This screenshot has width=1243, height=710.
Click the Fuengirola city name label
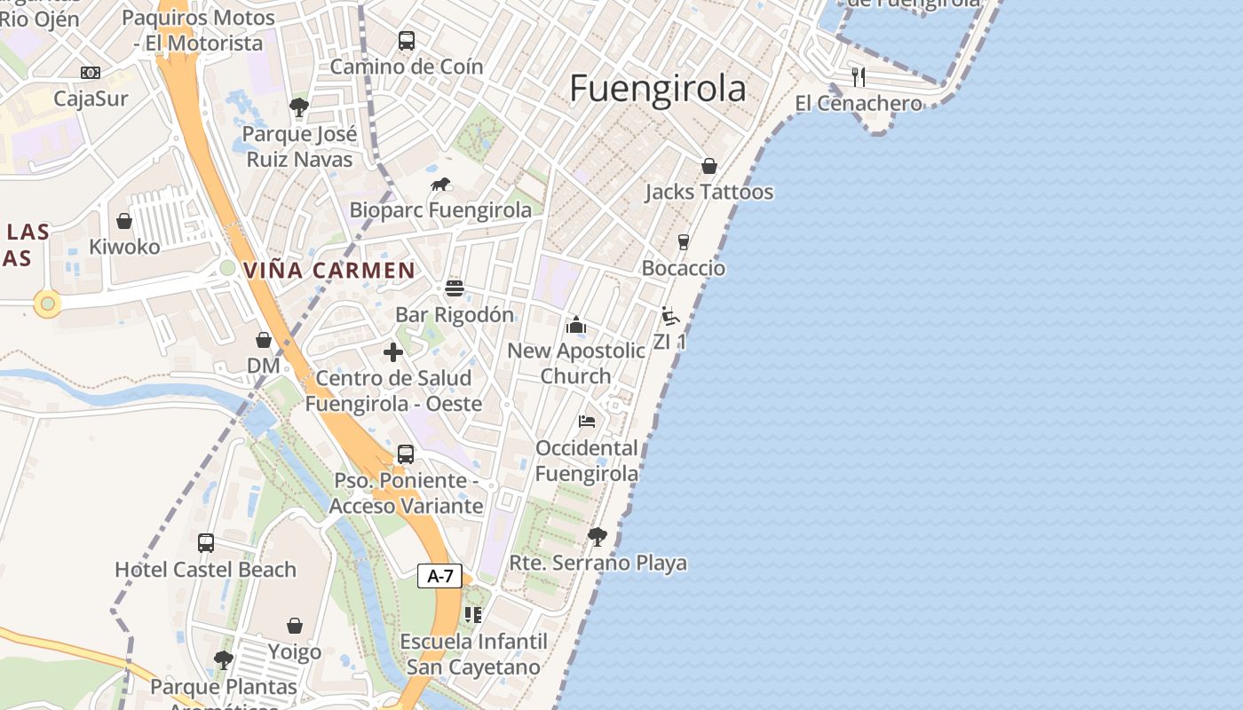657,89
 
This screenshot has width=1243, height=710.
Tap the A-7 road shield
439,576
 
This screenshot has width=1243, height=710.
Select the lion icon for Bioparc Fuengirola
440,185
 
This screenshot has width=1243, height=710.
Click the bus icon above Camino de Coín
406,41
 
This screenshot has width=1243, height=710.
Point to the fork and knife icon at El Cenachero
858,76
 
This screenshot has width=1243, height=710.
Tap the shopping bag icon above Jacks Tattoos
709,166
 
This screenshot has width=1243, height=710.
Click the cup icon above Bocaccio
683,242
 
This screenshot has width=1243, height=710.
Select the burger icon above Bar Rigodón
455,288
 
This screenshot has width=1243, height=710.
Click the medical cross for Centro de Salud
393,352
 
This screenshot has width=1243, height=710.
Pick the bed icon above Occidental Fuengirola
586,421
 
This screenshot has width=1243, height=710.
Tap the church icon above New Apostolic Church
575,325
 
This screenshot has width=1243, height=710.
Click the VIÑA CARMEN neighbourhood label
329,271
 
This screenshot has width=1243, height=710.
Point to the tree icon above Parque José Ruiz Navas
298,107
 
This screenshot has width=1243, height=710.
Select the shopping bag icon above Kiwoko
124,220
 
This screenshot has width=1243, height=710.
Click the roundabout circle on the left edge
47,304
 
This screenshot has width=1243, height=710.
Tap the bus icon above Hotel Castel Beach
205,542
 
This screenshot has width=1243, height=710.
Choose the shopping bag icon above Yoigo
294,626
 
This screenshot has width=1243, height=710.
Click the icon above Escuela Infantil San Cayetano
472,614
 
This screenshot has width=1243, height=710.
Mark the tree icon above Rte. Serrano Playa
597,536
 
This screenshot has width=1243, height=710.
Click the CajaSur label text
91,99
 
